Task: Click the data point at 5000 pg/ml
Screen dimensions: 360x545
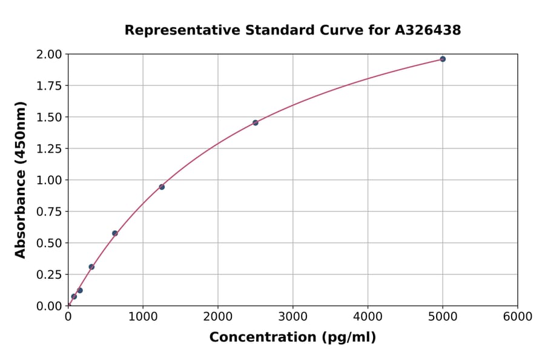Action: point(443,59)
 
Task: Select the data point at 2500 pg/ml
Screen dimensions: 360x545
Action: point(256,122)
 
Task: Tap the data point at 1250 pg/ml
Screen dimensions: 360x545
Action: point(162,187)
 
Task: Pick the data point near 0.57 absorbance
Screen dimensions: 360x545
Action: point(115,233)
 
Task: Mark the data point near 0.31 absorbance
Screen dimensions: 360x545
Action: point(91,267)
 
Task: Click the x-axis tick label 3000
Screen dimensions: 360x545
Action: point(292,317)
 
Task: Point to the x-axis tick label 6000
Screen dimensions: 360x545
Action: point(518,317)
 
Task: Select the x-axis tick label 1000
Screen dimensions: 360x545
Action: point(143,317)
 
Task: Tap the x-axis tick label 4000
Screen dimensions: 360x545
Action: point(368,317)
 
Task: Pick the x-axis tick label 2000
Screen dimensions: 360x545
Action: point(218,317)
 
